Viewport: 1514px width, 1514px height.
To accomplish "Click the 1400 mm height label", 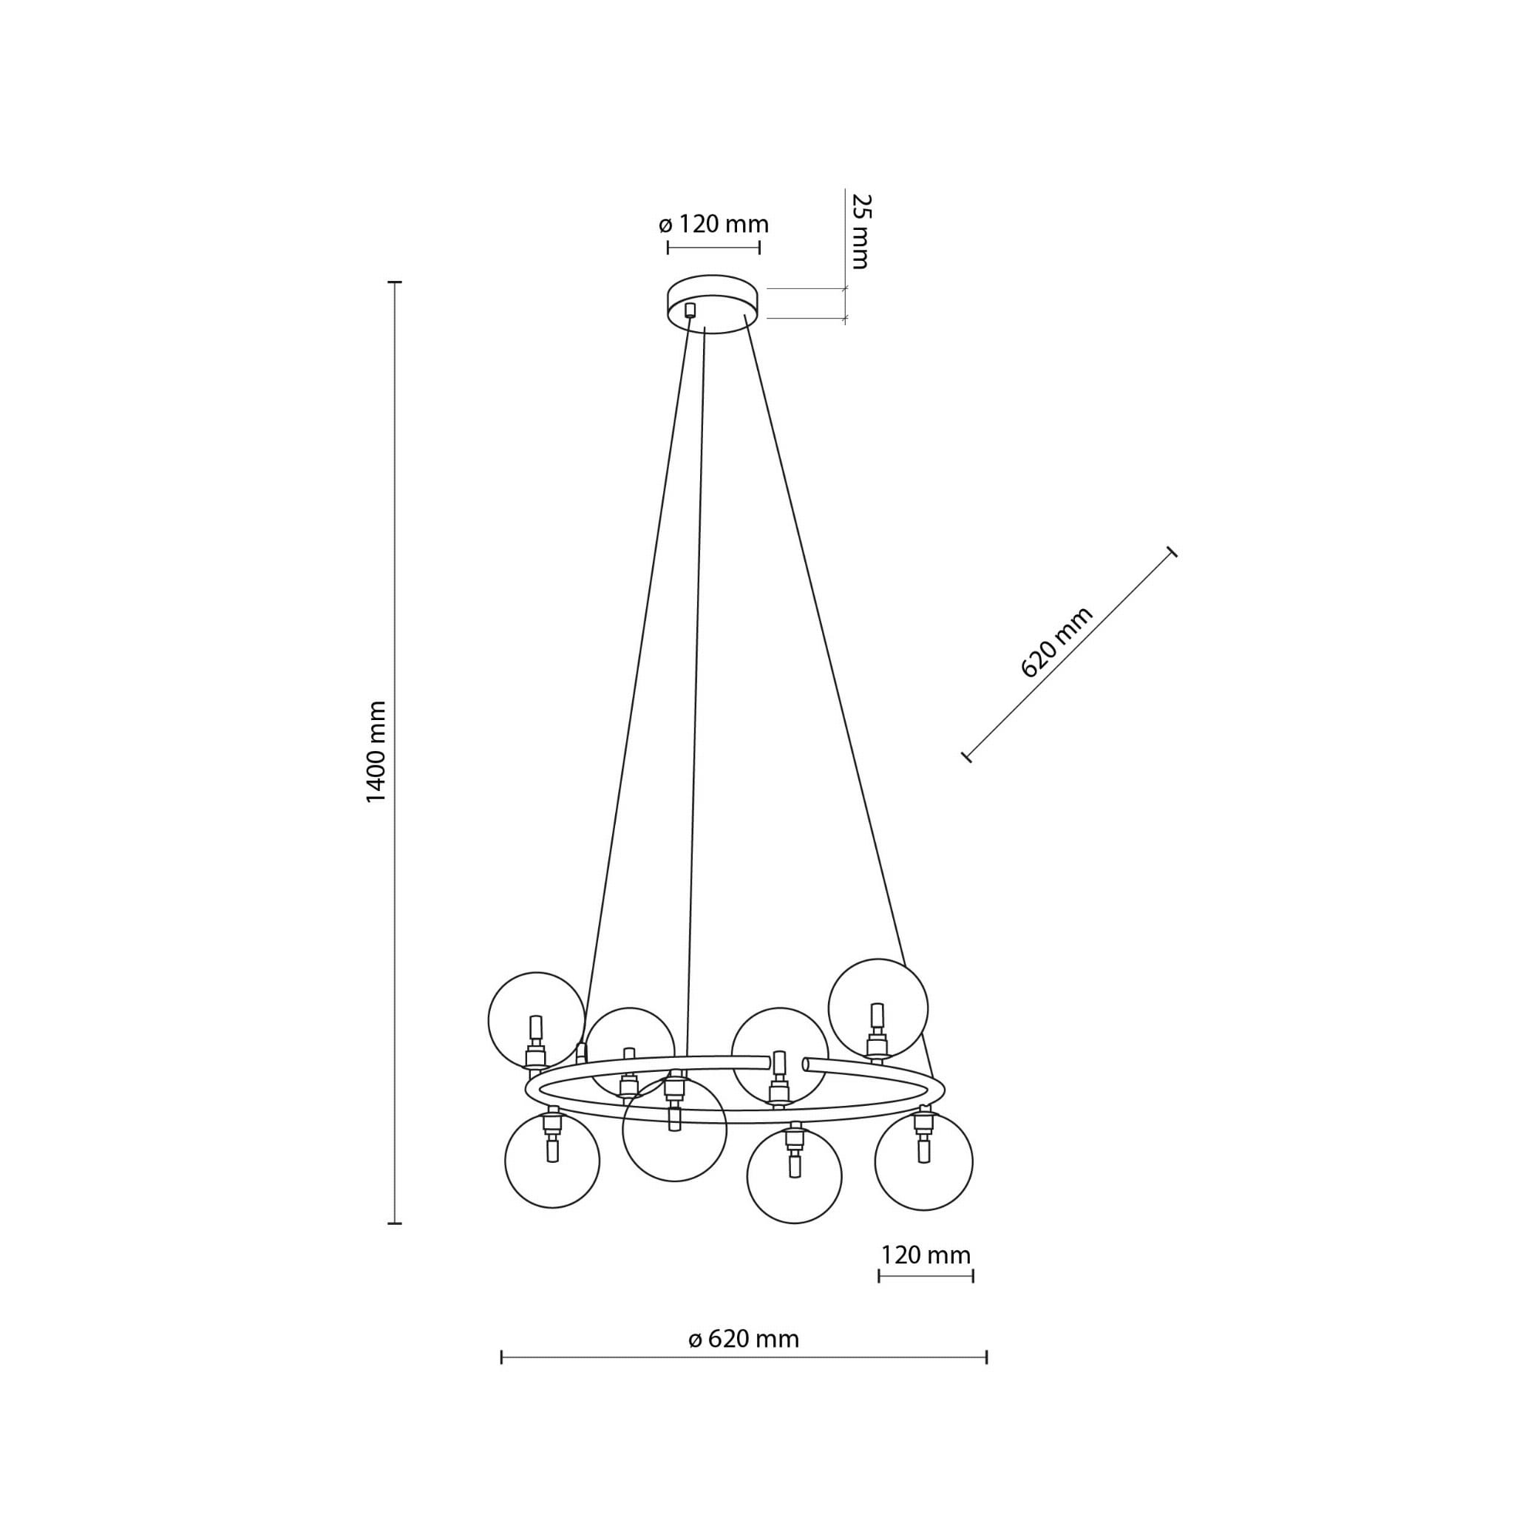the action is pos(377,752).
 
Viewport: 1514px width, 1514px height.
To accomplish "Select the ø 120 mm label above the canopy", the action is pos(714,225).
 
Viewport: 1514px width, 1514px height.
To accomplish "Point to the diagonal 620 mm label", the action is pos(1056,642).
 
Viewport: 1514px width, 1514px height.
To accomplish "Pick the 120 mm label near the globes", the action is pos(926,1255).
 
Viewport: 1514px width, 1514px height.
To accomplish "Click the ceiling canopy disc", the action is pos(713,304).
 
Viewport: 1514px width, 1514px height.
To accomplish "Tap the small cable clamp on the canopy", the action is pos(690,310).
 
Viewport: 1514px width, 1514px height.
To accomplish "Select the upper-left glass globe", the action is pos(536,1021).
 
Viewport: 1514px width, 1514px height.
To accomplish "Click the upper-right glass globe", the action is pos(878,1008).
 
